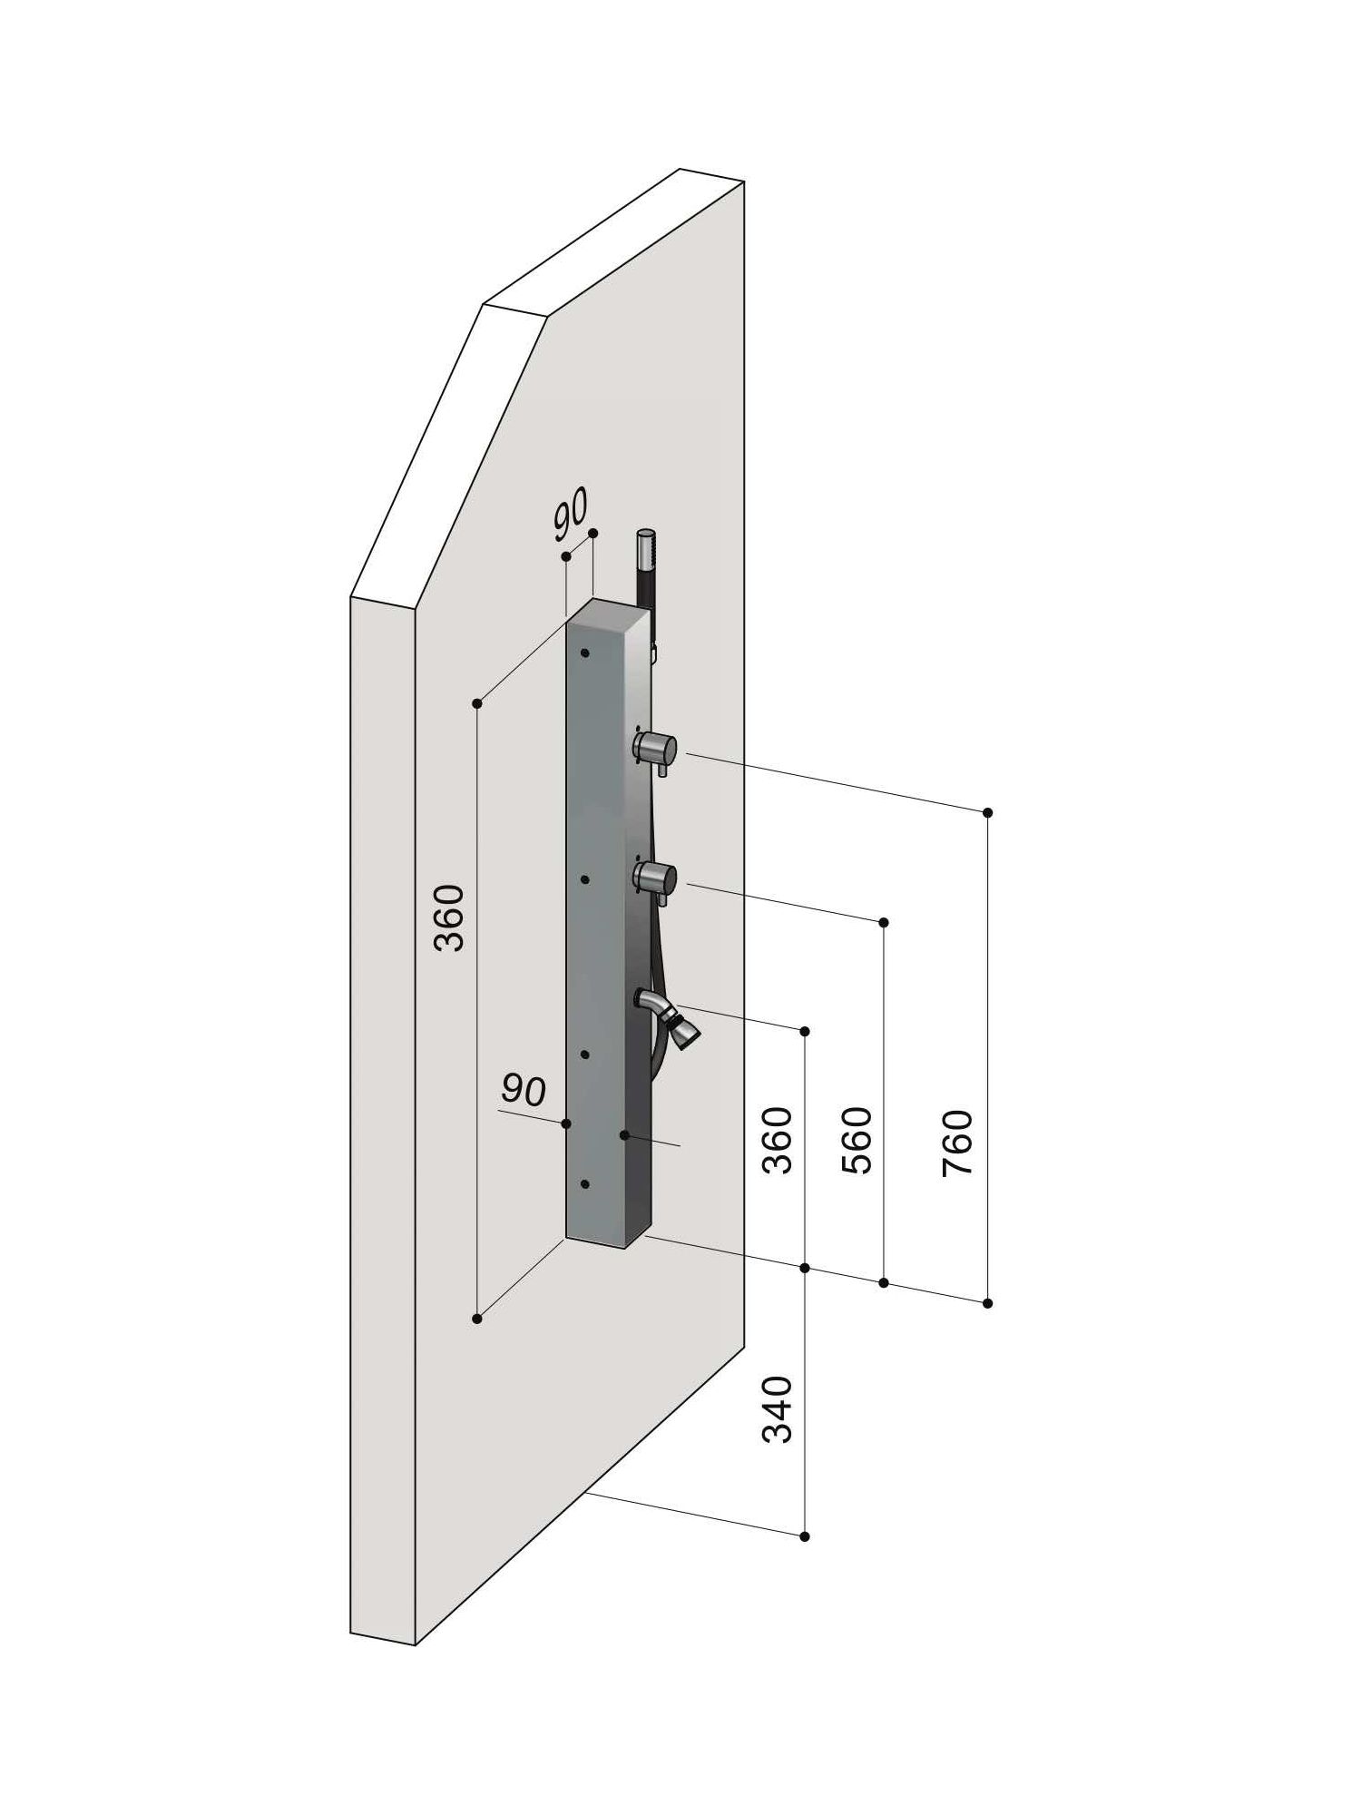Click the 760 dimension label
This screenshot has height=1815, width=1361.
[x=957, y=1143]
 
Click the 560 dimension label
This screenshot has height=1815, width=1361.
[x=857, y=1142]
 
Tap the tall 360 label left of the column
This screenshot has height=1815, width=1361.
[x=449, y=917]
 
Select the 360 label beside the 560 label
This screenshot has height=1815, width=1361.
[x=778, y=1142]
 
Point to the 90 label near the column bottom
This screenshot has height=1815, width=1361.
[x=524, y=1091]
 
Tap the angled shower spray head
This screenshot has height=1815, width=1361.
[x=685, y=1032]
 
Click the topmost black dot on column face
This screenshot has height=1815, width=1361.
[x=585, y=652]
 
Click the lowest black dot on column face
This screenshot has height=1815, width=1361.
[x=585, y=1184]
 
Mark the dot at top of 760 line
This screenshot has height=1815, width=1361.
[x=988, y=812]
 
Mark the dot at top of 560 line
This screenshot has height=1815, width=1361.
[x=885, y=922]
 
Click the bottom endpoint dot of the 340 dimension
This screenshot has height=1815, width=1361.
[x=805, y=1536]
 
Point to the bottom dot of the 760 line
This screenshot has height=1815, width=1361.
[x=988, y=1303]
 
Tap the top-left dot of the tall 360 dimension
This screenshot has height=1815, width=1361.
[x=477, y=703]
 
